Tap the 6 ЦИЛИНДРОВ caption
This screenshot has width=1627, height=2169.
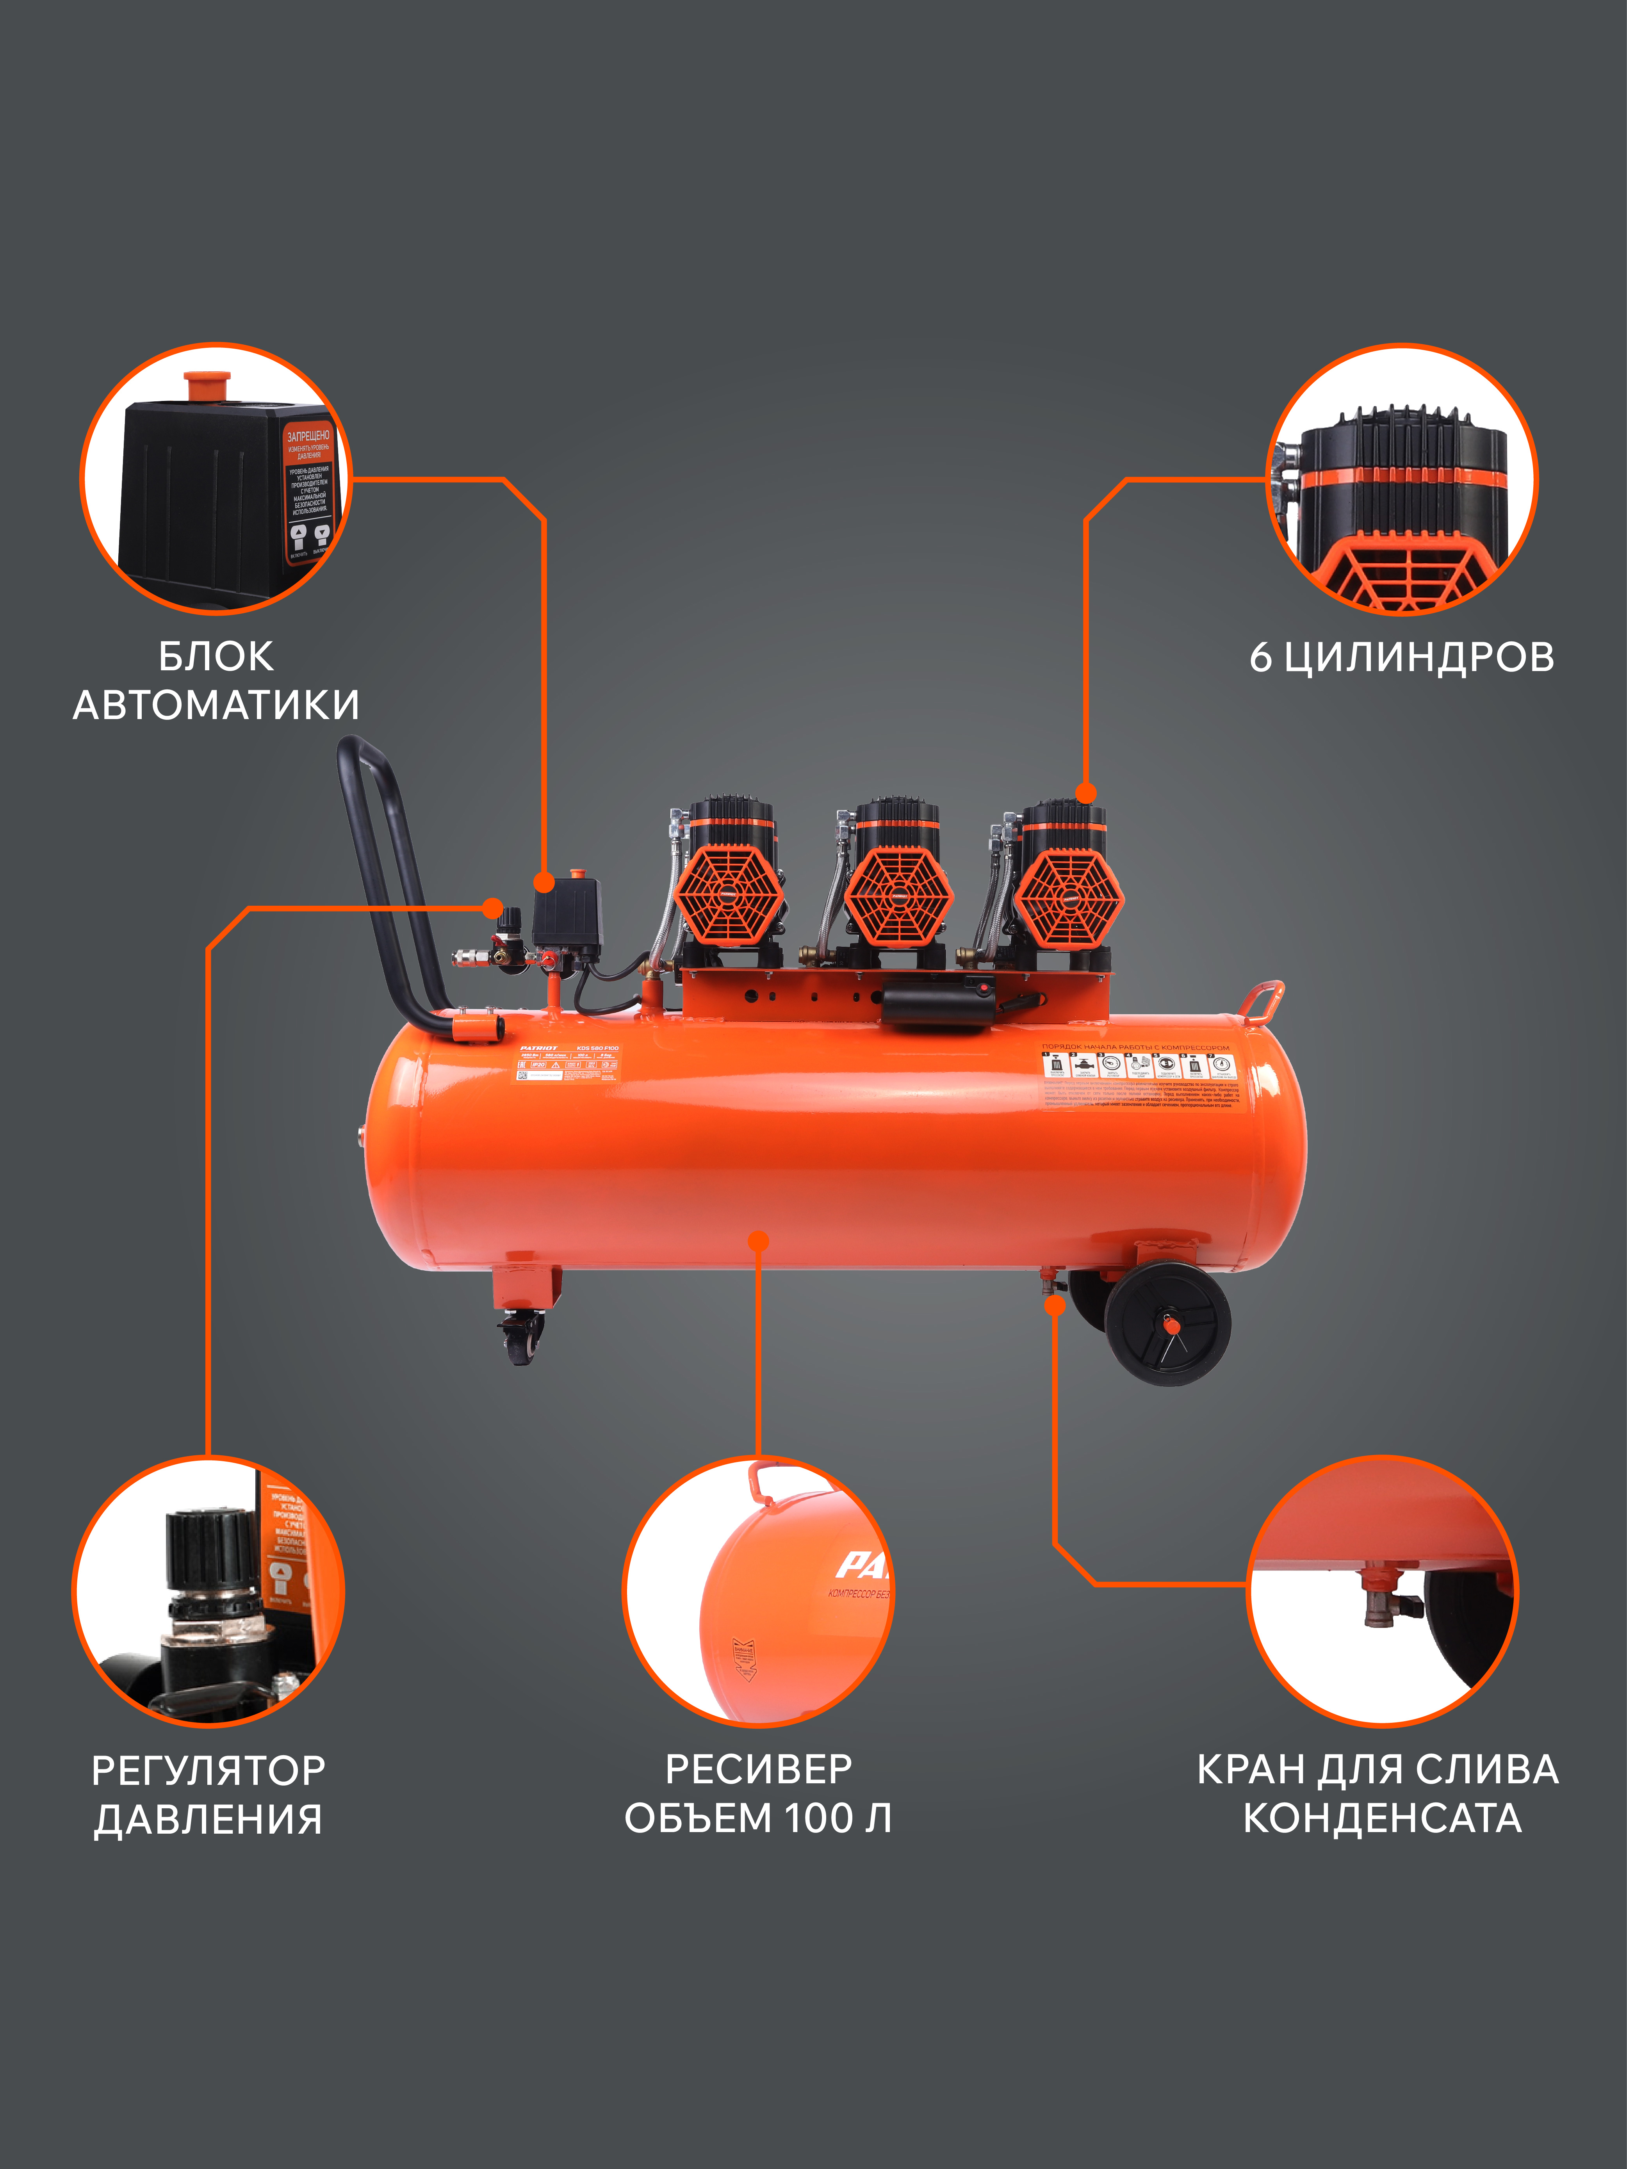coord(1401,657)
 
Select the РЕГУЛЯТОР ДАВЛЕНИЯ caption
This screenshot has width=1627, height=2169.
coord(208,1795)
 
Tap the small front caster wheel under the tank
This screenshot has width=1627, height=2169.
coord(521,1339)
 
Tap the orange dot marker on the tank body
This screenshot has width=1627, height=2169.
coord(758,1241)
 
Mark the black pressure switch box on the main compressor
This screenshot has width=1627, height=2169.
coord(566,912)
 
